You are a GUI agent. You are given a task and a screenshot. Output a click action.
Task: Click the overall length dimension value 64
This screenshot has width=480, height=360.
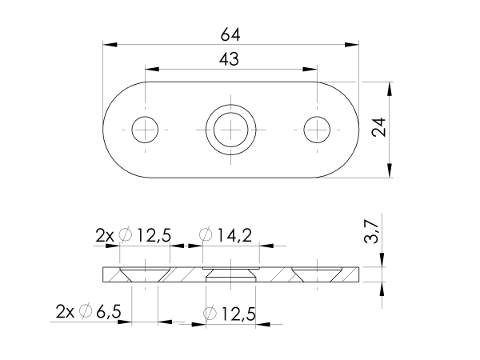[230, 35]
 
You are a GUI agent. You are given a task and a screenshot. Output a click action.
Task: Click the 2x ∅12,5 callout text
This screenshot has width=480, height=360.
[133, 235]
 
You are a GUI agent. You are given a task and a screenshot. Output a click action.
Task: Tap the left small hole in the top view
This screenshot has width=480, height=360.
[146, 128]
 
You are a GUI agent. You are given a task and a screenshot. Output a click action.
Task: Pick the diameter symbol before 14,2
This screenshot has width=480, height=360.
[205, 235]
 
